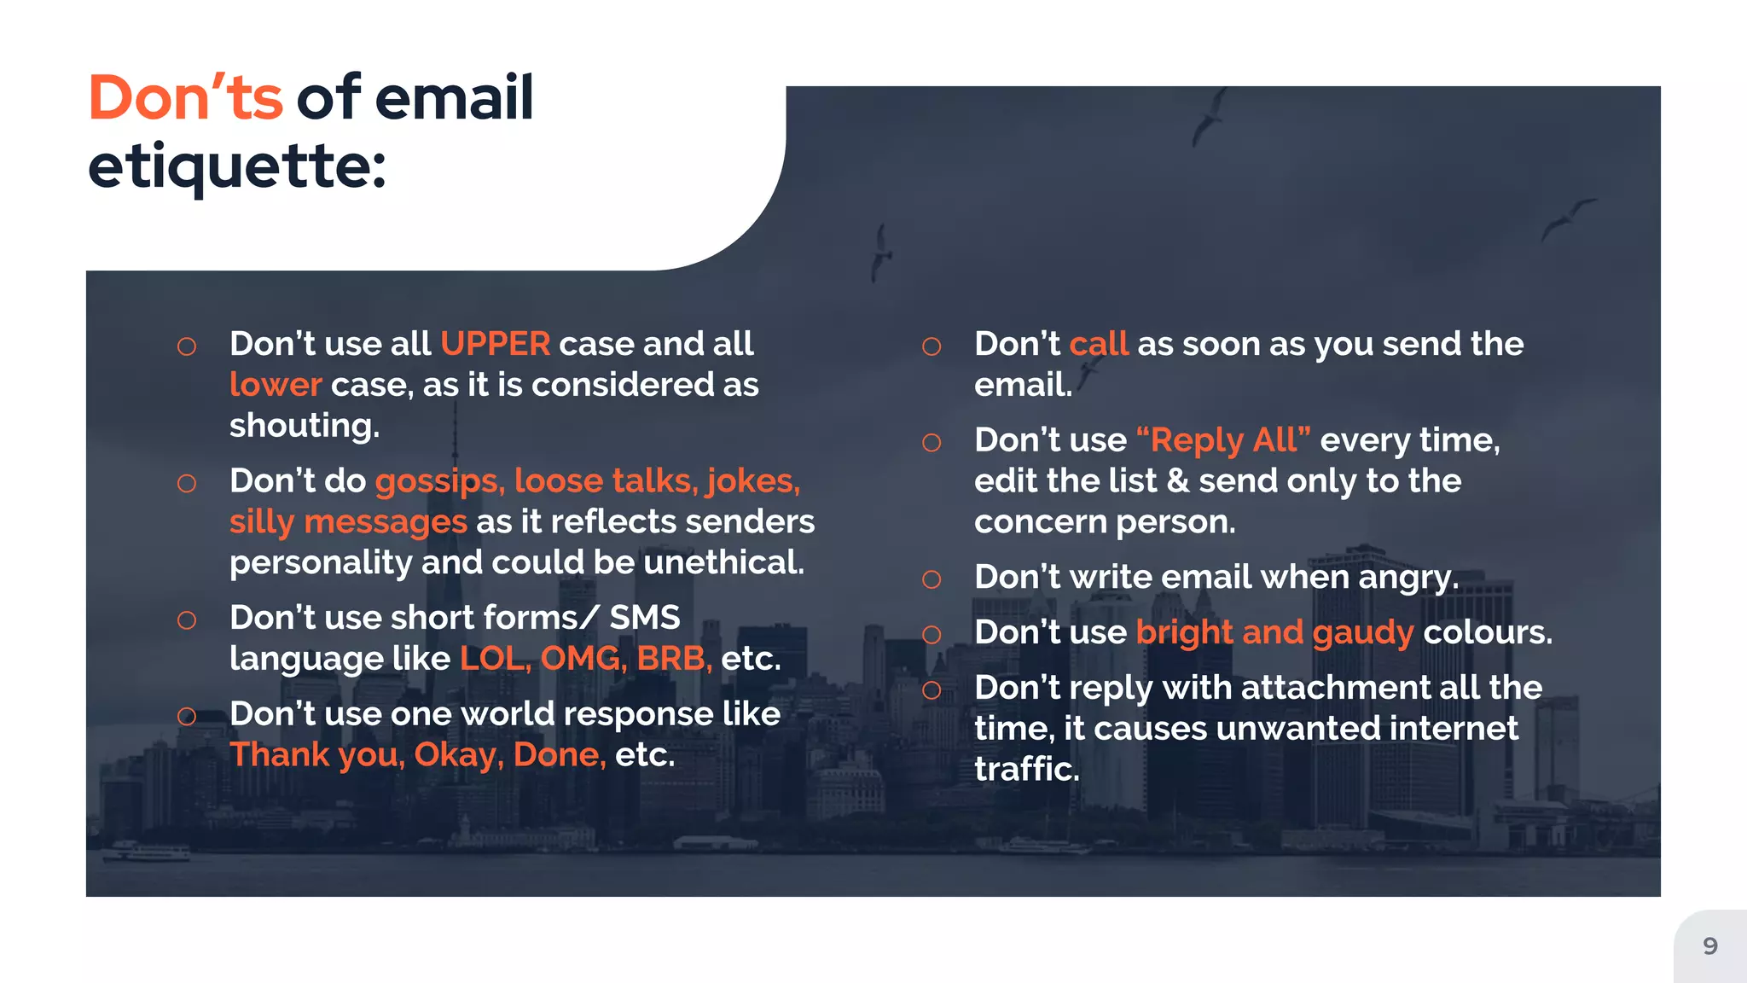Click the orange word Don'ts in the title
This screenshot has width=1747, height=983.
[x=185, y=98]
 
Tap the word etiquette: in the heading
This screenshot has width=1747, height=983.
[x=236, y=166]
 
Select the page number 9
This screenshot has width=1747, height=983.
[x=1709, y=945]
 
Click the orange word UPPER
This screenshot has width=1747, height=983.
[x=495, y=344]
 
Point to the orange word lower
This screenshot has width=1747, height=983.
[x=276, y=385]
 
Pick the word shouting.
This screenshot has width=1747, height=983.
[x=305, y=426]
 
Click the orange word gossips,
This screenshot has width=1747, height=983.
[x=440, y=481]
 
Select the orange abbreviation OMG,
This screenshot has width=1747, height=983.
[x=583, y=659]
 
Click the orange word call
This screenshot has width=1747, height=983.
[x=1099, y=344]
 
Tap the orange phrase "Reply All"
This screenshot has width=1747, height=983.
[x=1223, y=440]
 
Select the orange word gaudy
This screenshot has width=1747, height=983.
[x=1362, y=633]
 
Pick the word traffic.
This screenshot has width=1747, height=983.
[x=1026, y=770]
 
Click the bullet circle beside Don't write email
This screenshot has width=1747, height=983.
[x=932, y=580]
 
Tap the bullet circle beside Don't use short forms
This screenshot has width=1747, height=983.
[x=187, y=620]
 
